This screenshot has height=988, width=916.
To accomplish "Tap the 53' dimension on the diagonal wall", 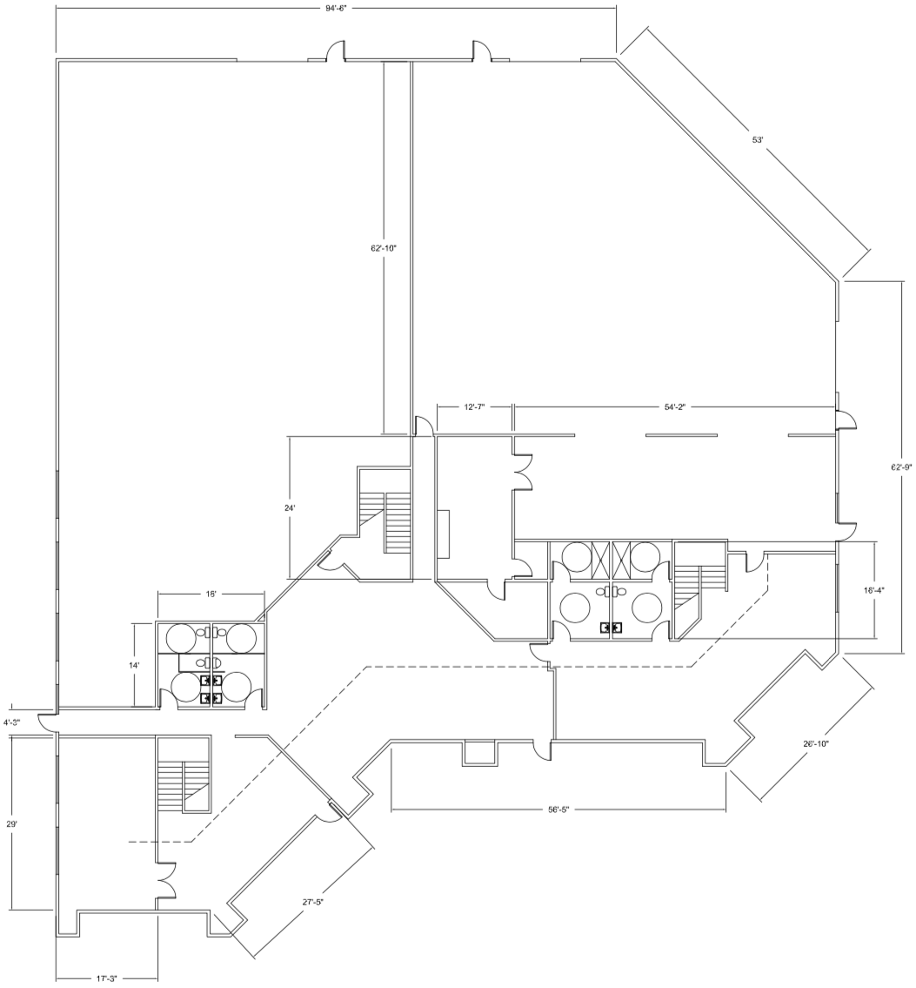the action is pyautogui.click(x=758, y=140).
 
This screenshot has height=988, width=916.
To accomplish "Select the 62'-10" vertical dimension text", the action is pyautogui.click(x=384, y=247).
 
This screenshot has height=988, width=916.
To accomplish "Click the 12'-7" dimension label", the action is pyautogui.click(x=474, y=407).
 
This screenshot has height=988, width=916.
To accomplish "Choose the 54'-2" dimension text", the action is pyautogui.click(x=674, y=407).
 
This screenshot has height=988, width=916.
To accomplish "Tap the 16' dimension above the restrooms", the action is pyautogui.click(x=211, y=594).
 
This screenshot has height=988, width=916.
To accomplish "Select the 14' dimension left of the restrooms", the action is pyautogui.click(x=134, y=665).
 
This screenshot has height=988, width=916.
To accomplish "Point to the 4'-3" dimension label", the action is pyautogui.click(x=12, y=723).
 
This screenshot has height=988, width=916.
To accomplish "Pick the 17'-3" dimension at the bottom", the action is pyautogui.click(x=106, y=978).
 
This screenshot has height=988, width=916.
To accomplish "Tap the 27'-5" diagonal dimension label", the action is pyautogui.click(x=313, y=903).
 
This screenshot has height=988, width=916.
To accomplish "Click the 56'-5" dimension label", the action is pyautogui.click(x=558, y=810).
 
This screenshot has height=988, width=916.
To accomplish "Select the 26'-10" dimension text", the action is pyautogui.click(x=815, y=743).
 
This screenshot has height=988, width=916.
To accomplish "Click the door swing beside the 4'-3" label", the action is pyautogui.click(x=46, y=723).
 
